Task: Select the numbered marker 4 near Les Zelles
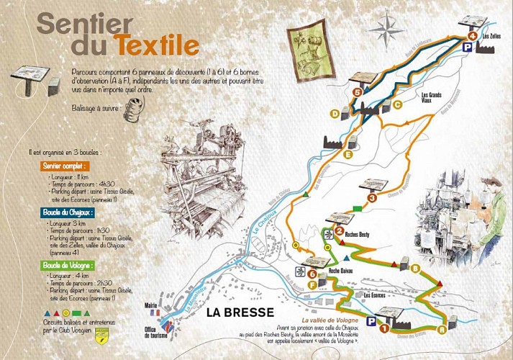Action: [x=472, y=35]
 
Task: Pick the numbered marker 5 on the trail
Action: [x=358, y=93]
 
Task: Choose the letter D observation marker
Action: [x=335, y=114]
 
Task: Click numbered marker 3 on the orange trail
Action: [x=371, y=198]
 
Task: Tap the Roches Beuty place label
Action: [x=358, y=234]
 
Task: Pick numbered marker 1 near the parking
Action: [x=384, y=328]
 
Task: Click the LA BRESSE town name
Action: [x=240, y=312]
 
